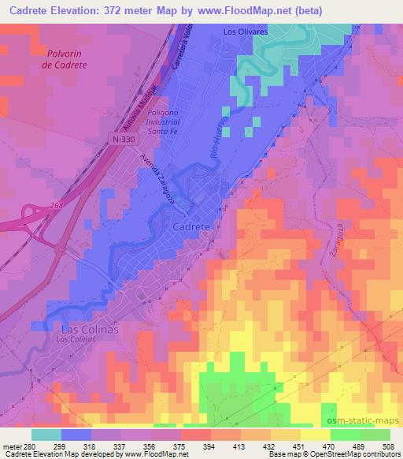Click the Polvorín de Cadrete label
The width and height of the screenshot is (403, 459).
(65, 58)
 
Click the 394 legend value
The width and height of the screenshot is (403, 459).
(210, 446)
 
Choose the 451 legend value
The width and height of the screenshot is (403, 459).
(300, 446)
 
